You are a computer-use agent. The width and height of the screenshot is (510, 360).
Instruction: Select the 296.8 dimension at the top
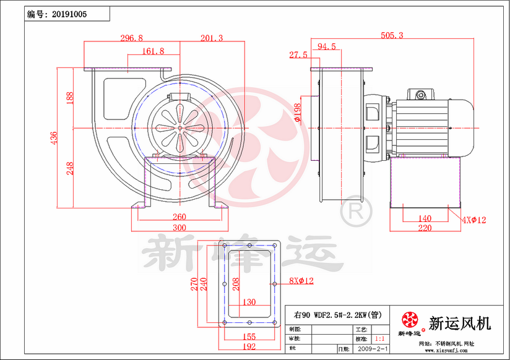pos(131,38)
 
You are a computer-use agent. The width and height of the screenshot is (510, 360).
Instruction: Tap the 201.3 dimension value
pos(212,38)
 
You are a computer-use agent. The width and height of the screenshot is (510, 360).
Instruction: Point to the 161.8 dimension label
pos(153,51)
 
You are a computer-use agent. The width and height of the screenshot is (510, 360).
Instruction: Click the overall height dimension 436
pos(54,137)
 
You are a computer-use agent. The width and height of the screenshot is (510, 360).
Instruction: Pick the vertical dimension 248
pos(69,168)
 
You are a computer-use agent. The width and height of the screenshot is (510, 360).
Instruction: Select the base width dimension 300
pos(179,228)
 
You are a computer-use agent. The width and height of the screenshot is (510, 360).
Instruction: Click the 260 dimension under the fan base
pos(179,217)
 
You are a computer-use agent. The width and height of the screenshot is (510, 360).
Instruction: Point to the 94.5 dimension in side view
pos(326,46)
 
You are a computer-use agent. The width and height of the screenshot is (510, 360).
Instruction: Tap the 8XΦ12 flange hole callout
pos(301,281)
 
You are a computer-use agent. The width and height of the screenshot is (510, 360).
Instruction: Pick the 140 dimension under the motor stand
pos(425,218)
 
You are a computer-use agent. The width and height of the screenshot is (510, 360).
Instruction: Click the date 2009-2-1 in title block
pos(374,349)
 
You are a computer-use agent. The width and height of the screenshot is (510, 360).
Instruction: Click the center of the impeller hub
pos(180,128)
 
